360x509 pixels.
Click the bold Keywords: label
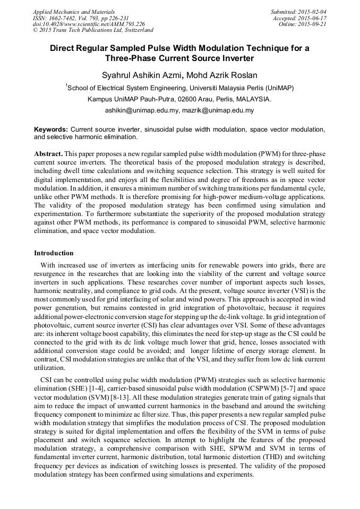[x=51, y=130]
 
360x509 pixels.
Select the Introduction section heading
[x=54, y=253]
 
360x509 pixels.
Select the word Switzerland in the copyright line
[x=136, y=30]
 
